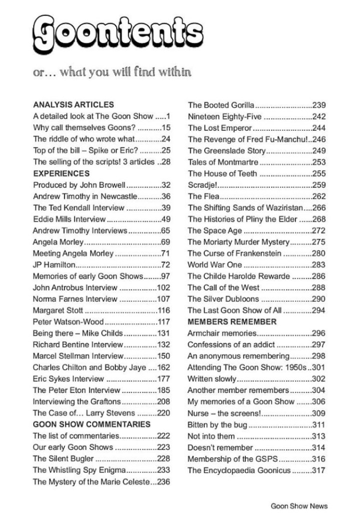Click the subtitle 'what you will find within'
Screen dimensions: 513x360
click(125, 73)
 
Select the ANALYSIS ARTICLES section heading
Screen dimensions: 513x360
click(73, 105)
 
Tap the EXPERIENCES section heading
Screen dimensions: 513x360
click(61, 173)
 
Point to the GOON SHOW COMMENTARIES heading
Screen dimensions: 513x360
click(91, 424)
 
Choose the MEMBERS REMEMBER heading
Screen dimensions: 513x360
click(232, 322)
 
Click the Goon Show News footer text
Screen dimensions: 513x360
click(299, 506)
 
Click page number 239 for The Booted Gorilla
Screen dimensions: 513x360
click(319, 105)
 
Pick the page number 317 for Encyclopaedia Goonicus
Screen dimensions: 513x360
click(319, 470)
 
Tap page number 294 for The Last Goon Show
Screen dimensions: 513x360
click(319, 311)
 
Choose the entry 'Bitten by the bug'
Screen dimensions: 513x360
click(217, 425)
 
